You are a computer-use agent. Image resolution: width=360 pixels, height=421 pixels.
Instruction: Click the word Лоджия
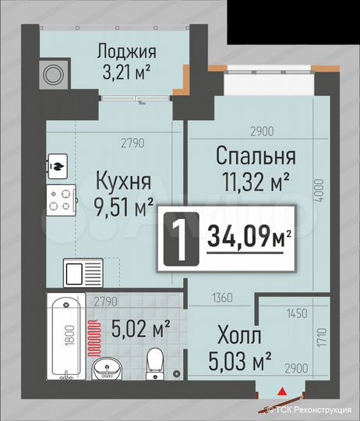[126, 52]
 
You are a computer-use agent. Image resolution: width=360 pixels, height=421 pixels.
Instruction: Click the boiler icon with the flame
[58, 165]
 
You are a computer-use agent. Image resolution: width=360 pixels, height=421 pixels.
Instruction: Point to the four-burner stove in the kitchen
[61, 199]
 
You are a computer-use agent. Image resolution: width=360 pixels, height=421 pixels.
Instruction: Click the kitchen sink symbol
[82, 275]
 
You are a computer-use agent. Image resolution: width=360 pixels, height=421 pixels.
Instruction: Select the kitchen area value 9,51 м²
[124, 207]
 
